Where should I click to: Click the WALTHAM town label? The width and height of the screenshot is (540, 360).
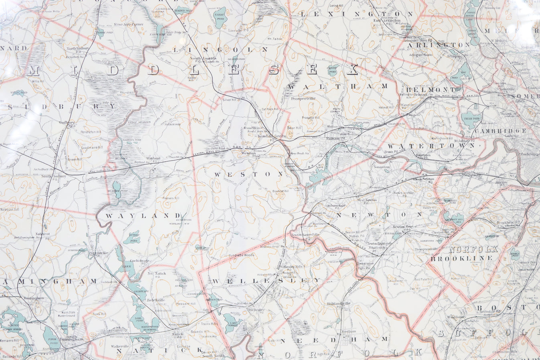click(338, 86)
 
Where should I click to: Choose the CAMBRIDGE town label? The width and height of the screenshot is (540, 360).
click(500, 131)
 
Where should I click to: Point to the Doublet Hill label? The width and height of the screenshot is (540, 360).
click(280, 191)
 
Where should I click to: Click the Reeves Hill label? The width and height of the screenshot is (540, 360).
click(171, 198)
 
